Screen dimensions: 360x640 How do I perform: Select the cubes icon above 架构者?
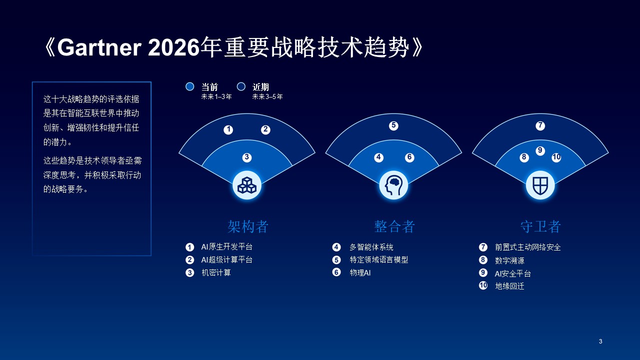click(247, 185)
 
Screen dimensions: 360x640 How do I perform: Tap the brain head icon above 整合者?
click(393, 185)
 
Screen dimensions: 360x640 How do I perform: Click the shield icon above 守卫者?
click(540, 185)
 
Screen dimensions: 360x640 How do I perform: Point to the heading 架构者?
click(248, 226)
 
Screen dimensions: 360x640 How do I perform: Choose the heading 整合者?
click(394, 226)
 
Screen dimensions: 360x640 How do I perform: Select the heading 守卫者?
click(540, 226)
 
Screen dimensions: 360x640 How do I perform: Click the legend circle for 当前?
click(189, 86)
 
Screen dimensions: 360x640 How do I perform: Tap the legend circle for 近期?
click(241, 86)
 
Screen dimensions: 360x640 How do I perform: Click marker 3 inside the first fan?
click(246, 157)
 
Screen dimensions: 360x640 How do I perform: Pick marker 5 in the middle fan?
click(393, 125)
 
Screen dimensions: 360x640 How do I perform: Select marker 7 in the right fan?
click(540, 125)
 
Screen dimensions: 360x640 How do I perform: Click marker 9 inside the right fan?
click(540, 150)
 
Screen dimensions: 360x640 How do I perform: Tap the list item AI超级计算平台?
click(226, 260)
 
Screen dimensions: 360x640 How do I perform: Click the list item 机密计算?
click(216, 273)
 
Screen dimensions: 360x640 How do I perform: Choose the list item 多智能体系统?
click(371, 247)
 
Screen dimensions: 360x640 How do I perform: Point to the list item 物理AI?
click(360, 273)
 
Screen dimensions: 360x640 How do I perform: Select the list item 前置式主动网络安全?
click(527, 247)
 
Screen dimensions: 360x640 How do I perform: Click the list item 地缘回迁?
click(509, 286)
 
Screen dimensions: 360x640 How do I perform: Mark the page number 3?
click(600, 341)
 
